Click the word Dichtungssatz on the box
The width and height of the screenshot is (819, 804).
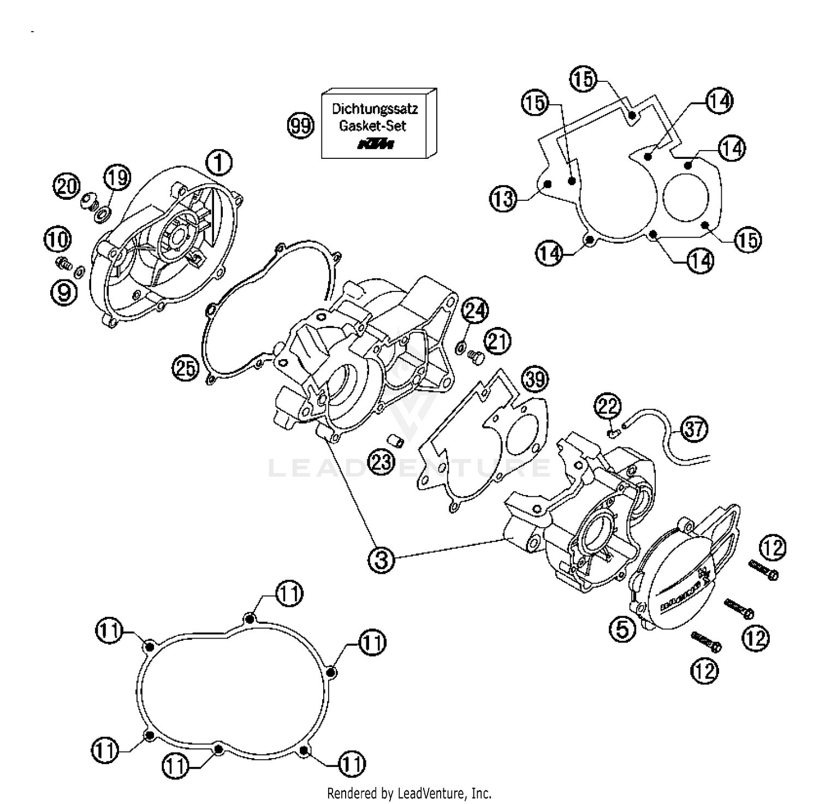pos(375,109)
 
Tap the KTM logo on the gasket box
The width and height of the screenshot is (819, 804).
pos(375,144)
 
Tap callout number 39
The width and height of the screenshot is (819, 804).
pos(535,378)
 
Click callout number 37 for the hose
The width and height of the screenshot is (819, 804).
pos(694,428)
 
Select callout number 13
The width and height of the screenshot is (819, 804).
pos(503,198)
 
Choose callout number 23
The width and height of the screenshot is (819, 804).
pos(382,463)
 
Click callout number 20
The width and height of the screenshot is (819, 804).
pos(67,187)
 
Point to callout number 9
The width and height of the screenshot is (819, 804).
pos(64,293)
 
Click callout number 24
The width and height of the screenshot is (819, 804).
pos(475,311)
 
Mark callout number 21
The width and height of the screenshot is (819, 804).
pos(497,341)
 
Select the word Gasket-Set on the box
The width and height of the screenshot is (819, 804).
pos(373,126)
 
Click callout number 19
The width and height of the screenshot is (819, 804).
pos(117,177)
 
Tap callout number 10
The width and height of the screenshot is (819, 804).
pos(58,239)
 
